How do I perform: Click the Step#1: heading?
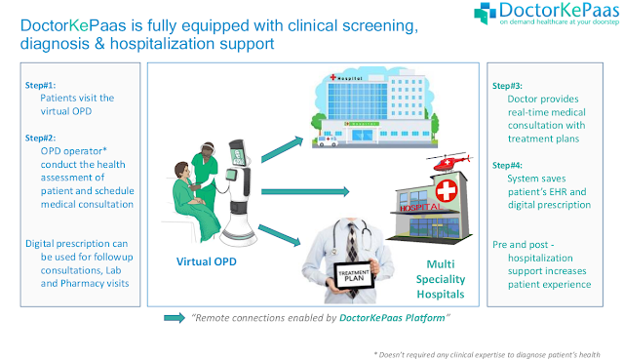[40, 85]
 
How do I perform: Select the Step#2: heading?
[40, 139]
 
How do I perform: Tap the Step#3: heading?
[507, 86]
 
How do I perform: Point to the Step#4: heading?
[507, 165]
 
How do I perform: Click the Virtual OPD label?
[207, 261]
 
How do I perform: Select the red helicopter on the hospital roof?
[449, 162]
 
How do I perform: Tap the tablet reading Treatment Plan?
[354, 275]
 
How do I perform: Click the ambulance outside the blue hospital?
[328, 140]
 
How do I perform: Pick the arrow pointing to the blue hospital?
[282, 149]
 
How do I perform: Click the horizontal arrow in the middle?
[305, 191]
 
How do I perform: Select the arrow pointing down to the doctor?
[280, 235]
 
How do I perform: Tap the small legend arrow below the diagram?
[175, 318]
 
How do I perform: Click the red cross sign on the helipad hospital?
[447, 191]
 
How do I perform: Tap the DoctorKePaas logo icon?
[485, 13]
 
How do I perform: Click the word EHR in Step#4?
[558, 192]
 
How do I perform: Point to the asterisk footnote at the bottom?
[487, 355]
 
